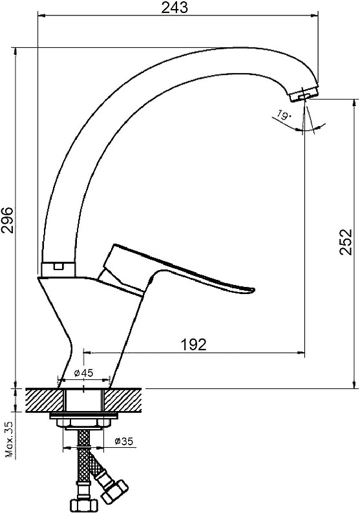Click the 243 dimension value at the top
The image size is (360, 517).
pos(174,7)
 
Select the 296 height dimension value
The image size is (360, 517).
pos(7,220)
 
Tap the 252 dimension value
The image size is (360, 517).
pos(346,241)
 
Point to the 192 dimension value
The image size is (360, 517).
pos(193,344)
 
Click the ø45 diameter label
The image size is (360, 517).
pos(84,373)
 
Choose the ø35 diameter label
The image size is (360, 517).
pos(123,441)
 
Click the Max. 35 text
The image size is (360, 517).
pos(10,439)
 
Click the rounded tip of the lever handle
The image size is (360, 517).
pos(251,290)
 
